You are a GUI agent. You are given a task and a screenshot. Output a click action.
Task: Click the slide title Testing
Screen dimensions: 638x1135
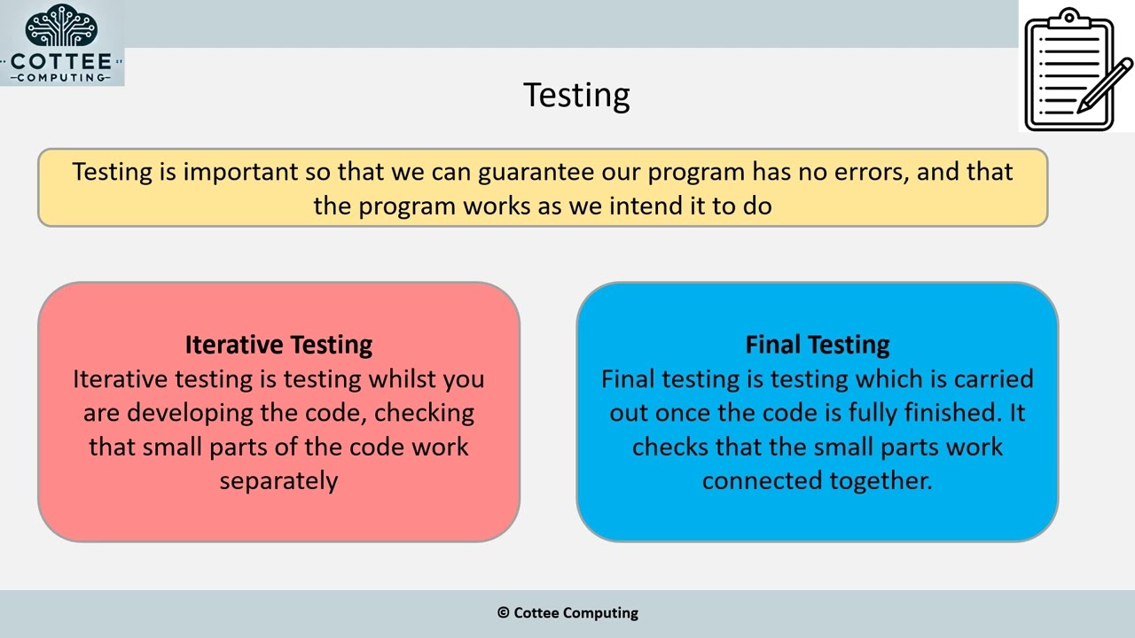point(576,95)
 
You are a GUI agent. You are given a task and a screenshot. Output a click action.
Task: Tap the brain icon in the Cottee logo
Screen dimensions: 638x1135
point(61,26)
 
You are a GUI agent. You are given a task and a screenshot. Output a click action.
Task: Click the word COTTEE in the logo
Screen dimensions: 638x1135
point(61,62)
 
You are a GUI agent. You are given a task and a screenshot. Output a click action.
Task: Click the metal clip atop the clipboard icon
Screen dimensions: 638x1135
point(1069,20)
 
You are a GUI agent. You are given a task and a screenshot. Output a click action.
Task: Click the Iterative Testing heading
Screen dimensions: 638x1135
point(278,344)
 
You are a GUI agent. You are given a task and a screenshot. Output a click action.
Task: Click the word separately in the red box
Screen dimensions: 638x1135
point(278,480)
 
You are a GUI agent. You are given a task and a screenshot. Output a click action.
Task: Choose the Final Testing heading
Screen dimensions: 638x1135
point(817,344)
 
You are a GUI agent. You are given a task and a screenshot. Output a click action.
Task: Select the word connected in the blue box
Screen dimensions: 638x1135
point(762,480)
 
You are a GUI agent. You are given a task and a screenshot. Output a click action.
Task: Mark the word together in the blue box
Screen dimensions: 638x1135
point(881,480)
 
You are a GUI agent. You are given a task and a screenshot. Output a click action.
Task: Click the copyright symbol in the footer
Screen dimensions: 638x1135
point(503,612)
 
